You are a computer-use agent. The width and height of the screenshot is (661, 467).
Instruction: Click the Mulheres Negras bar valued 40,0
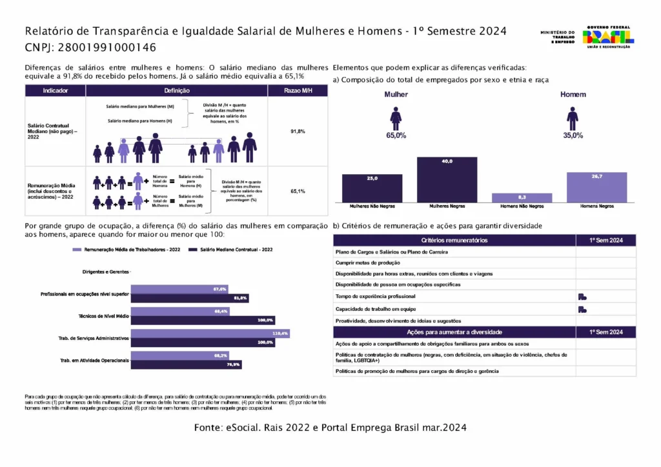click(447, 180)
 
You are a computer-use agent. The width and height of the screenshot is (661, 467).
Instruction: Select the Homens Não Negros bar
click(522, 197)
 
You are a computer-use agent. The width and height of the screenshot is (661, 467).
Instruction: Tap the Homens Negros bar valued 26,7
click(596, 187)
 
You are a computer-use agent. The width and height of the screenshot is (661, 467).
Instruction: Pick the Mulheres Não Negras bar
click(372, 188)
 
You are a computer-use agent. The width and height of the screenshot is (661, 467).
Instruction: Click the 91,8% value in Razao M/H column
click(298, 131)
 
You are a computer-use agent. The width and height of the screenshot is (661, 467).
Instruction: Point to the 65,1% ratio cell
click(298, 191)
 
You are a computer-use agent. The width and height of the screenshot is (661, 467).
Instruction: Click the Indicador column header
click(55, 91)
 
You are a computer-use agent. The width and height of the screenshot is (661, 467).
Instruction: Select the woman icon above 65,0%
click(396, 119)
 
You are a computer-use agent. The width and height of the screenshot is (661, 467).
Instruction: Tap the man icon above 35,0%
click(572, 119)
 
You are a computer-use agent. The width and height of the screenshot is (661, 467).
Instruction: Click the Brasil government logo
click(608, 36)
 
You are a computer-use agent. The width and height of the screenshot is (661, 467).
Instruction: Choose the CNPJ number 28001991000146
click(107, 47)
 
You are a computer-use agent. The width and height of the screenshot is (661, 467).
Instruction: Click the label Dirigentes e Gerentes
click(105, 272)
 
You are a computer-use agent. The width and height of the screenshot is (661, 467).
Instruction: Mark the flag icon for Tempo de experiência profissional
click(582, 297)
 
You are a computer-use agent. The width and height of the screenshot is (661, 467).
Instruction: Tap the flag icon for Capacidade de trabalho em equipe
click(582, 309)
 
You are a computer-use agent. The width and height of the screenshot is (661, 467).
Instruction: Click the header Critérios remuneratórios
click(454, 240)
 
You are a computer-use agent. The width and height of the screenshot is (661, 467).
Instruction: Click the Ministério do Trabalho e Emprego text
click(557, 37)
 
